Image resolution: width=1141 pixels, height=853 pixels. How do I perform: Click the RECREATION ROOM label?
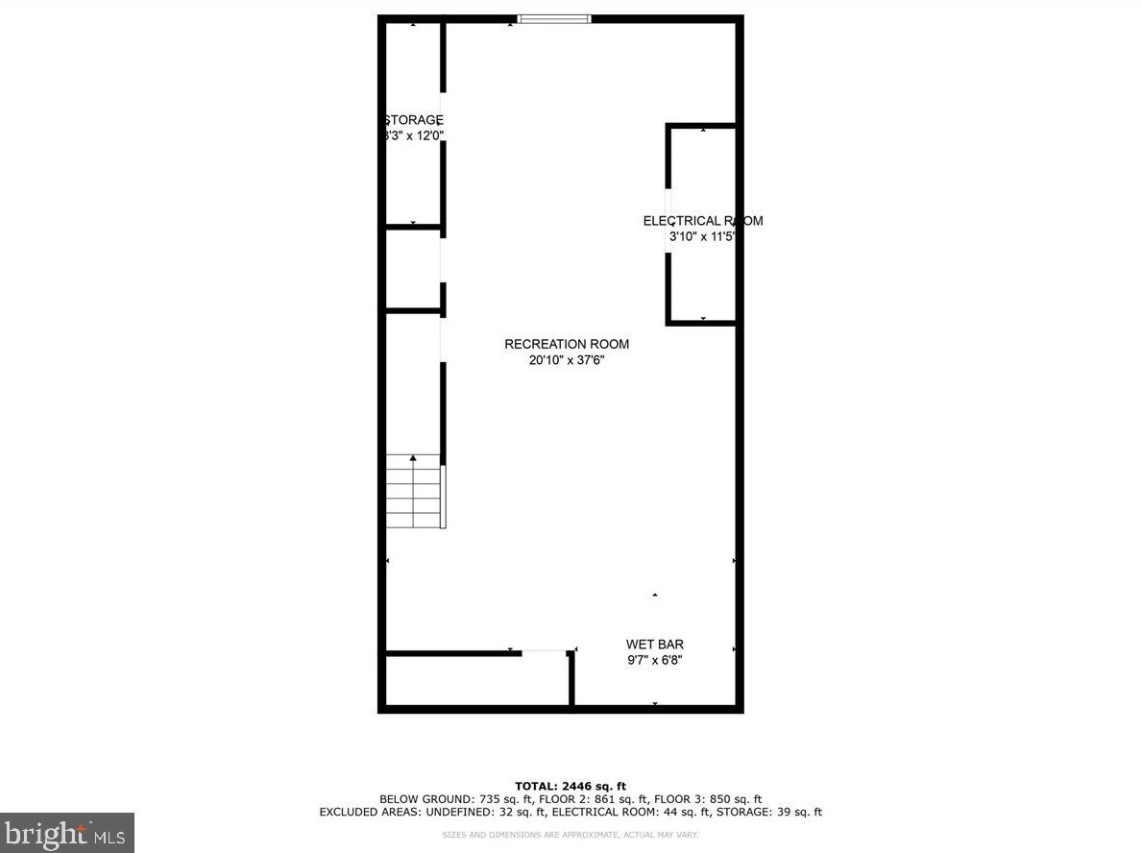(567, 344)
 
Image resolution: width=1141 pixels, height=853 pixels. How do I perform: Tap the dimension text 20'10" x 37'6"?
(567, 361)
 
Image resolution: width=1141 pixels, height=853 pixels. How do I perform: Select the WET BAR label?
(654, 645)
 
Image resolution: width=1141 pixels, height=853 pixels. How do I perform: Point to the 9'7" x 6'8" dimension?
(654, 660)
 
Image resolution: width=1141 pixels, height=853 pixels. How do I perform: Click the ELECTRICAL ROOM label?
(702, 221)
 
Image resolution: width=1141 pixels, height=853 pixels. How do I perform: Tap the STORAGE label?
(414, 120)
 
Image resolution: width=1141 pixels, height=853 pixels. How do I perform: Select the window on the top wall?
(554, 17)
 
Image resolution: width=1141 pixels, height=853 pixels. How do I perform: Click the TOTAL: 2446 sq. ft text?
(570, 786)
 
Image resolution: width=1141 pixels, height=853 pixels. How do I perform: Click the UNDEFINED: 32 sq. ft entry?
(462, 813)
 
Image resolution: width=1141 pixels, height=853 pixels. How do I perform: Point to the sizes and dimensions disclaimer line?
(570, 835)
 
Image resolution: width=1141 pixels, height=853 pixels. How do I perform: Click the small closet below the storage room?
(413, 269)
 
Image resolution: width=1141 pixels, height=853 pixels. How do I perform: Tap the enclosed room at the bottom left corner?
(476, 681)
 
